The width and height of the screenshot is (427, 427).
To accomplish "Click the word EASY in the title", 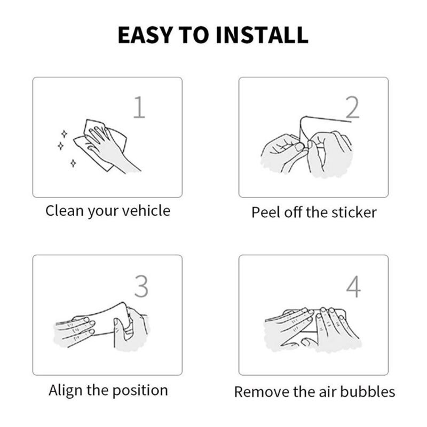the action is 145,35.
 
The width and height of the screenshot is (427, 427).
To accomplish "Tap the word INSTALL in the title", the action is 262,35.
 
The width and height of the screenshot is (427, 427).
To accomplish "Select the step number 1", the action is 139,107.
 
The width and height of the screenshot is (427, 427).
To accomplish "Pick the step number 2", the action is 352,107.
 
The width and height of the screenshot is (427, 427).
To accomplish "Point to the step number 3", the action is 141,286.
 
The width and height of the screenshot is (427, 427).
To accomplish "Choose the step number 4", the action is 353,287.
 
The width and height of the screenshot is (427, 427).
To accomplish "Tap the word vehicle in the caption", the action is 146,210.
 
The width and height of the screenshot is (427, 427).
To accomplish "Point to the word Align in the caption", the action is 66,391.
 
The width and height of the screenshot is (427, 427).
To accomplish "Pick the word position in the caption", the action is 140,391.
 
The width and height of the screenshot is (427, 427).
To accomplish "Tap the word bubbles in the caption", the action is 367,392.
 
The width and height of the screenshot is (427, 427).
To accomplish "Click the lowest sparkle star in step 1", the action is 73,163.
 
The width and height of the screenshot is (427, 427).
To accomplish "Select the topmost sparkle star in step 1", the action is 64,134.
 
